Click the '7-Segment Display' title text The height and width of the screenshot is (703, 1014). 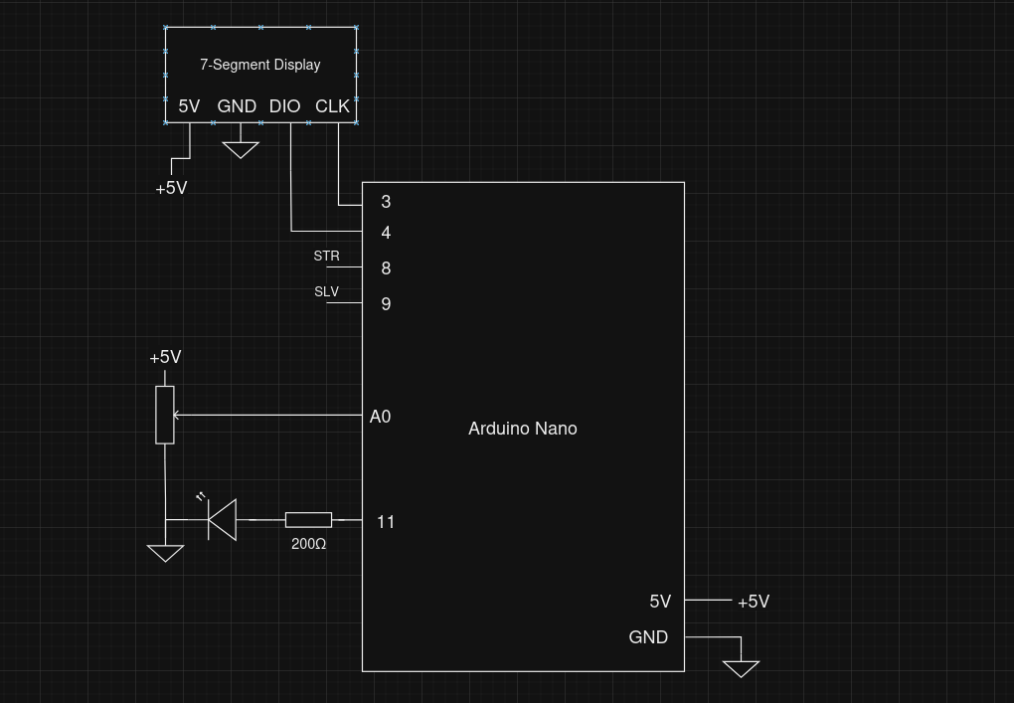click(260, 65)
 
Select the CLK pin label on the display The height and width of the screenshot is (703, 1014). click(332, 106)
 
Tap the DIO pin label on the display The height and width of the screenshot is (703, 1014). click(284, 106)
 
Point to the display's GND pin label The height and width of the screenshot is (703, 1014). click(237, 106)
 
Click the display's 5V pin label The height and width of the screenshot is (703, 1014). click(189, 106)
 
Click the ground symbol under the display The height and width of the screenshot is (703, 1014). click(241, 149)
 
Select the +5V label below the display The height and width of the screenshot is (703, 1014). click(171, 188)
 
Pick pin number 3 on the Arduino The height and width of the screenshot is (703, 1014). click(386, 202)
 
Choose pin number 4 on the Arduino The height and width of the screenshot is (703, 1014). click(386, 233)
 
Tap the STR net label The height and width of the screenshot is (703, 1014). click(326, 257)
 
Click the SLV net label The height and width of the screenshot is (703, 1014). click(326, 292)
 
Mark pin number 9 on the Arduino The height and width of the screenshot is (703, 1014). click(386, 304)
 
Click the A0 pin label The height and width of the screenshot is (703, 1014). click(380, 417)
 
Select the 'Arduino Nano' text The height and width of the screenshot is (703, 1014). click(522, 429)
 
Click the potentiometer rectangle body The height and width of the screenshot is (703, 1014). click(165, 415)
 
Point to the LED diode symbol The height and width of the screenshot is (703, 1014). click(222, 519)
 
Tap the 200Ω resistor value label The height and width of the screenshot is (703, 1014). click(308, 544)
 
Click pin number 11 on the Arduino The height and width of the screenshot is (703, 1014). click(386, 522)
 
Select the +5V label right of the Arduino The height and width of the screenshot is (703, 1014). click(753, 602)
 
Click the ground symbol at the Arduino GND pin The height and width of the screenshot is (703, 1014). click(741, 668)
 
